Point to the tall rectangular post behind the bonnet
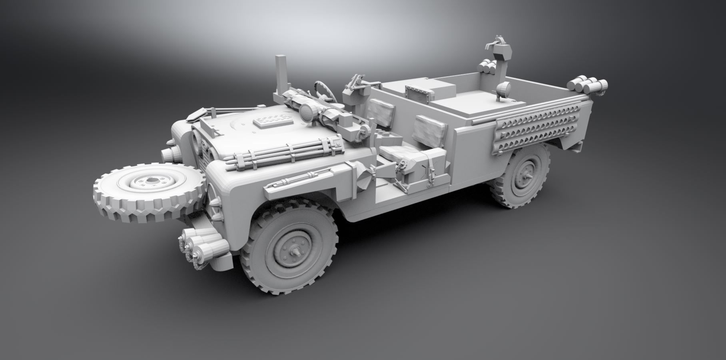[x=281, y=74]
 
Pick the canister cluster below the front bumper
[x=200, y=244]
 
